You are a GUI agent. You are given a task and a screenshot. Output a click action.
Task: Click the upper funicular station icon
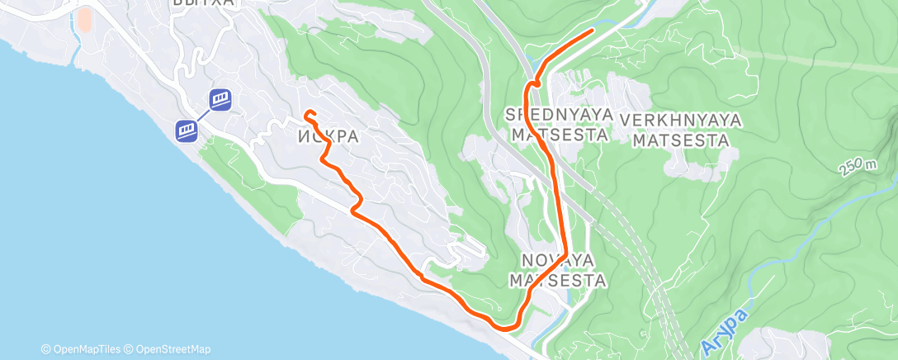220,100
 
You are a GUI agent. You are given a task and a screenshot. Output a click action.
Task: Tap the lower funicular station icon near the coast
186,130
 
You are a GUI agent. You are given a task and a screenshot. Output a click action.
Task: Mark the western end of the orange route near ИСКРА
306,113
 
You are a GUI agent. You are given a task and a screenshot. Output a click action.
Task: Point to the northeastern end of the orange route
593,31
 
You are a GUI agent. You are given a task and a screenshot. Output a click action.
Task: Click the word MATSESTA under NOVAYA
557,281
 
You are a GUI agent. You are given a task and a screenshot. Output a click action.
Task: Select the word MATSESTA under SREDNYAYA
560,134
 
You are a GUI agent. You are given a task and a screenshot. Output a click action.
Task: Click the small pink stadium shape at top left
84,21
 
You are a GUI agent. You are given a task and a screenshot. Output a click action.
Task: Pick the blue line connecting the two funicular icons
203,115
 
